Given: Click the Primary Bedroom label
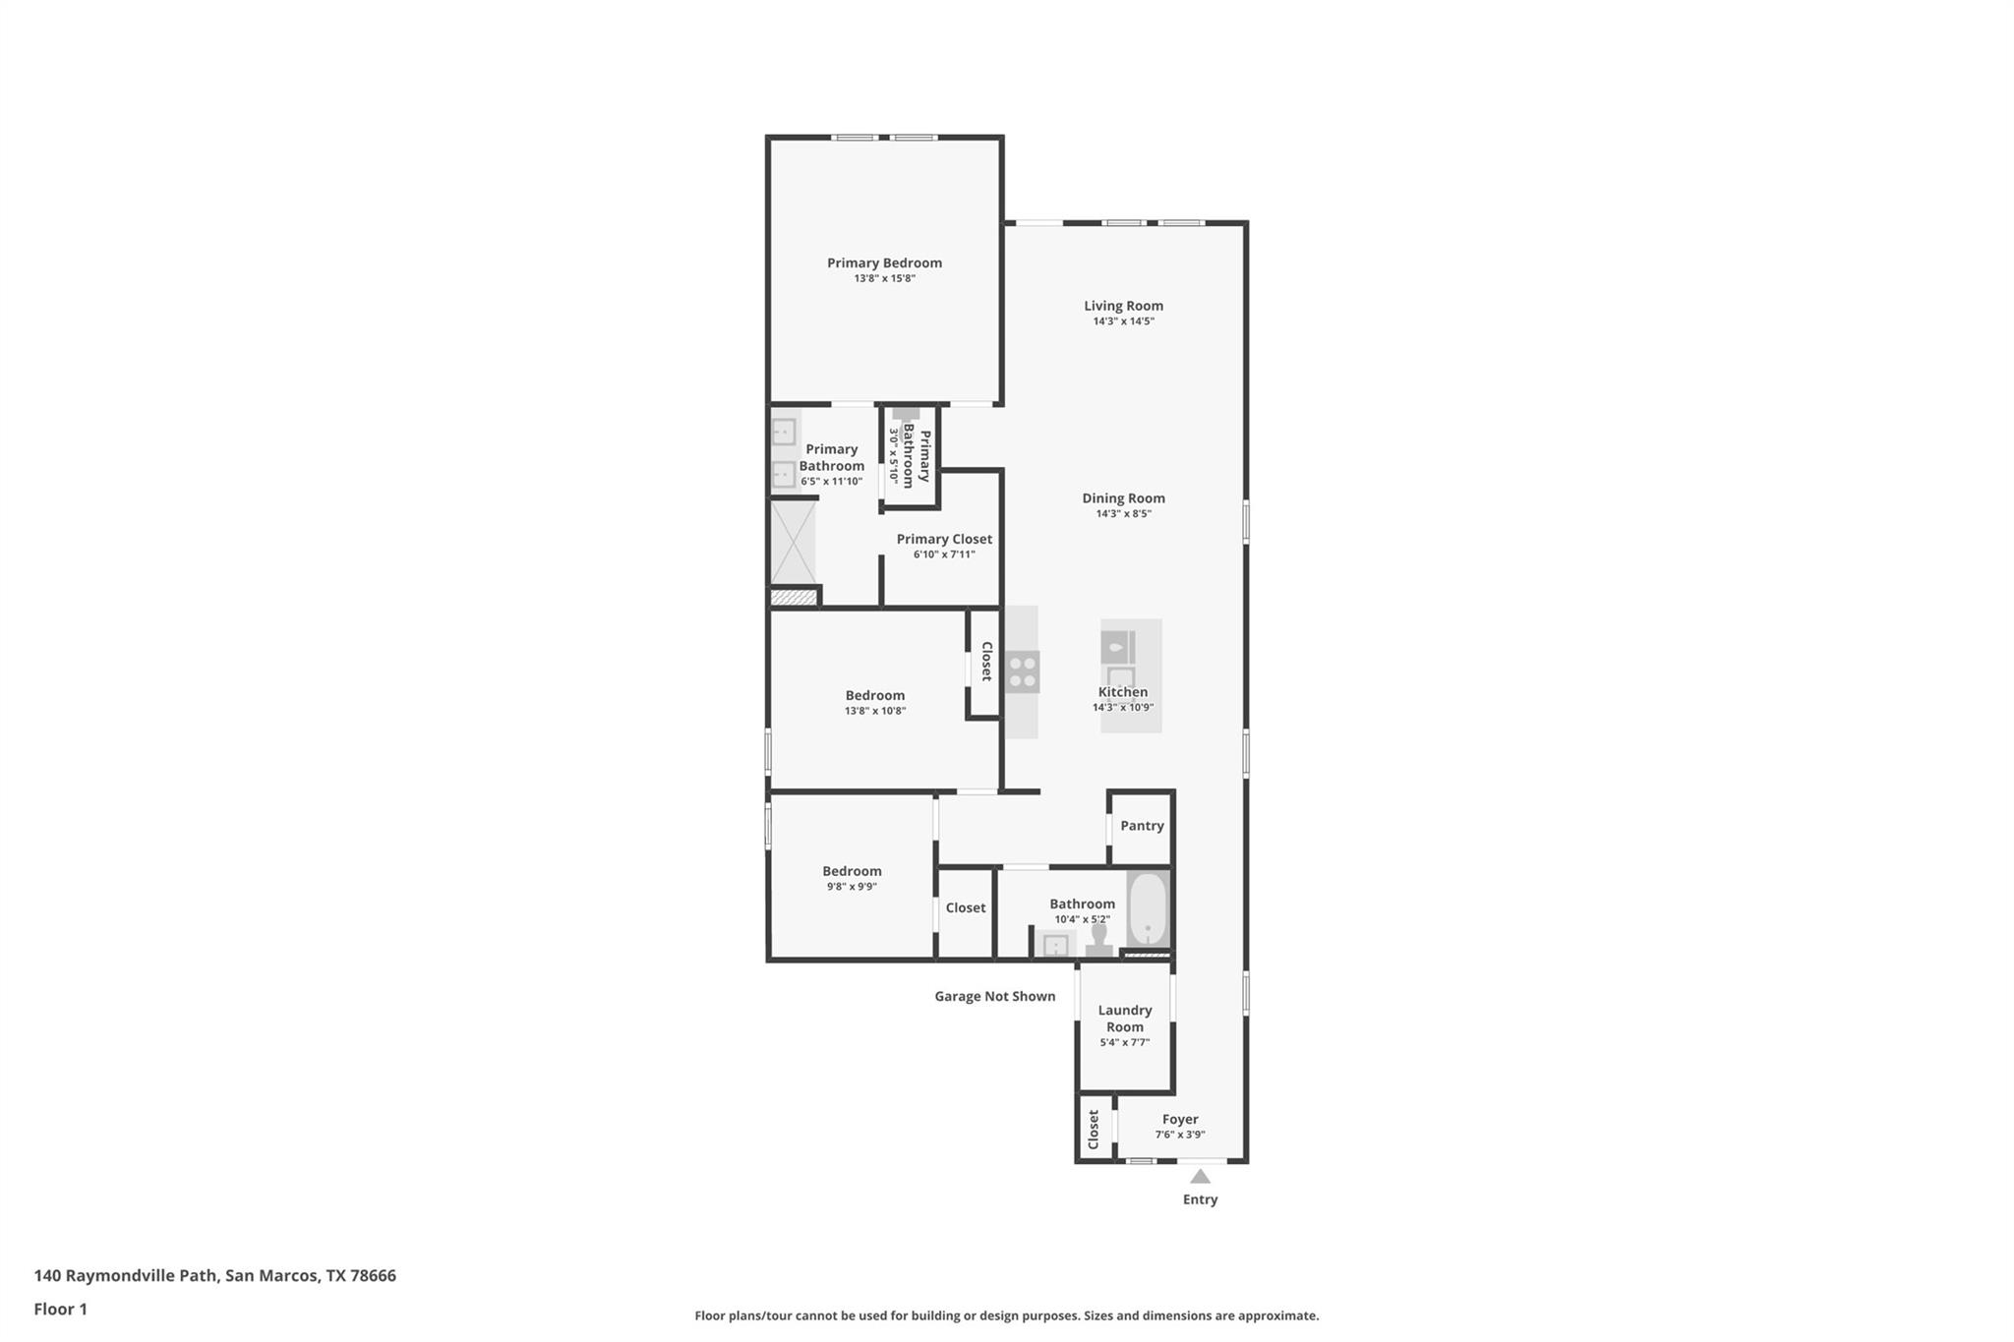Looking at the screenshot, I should [884, 263].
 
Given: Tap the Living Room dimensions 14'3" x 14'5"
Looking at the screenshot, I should [1123, 321].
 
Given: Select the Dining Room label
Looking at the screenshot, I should [1123, 498].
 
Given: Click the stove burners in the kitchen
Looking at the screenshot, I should [1023, 671].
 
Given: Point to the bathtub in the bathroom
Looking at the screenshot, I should [1147, 908].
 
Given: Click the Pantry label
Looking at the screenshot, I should [1142, 826].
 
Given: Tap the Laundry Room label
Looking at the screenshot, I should [1124, 1019].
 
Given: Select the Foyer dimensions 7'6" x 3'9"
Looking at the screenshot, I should [1179, 1135].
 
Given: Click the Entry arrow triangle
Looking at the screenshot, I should [1200, 1176].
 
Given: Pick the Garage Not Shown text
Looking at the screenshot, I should [994, 996].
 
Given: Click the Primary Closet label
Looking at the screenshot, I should [944, 539].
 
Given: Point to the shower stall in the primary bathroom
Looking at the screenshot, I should [793, 543].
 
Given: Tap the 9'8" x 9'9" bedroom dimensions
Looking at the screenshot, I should [852, 887].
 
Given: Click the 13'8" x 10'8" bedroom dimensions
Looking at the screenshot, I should [874, 711].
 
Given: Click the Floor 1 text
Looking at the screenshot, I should [60, 1309].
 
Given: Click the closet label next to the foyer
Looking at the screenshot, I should [1093, 1130].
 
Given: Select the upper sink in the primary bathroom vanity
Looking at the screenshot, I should [784, 432].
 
